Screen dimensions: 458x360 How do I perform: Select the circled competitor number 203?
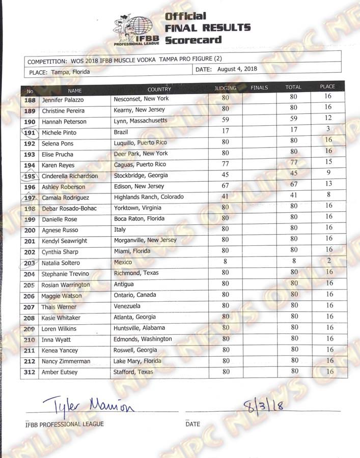click(30, 263)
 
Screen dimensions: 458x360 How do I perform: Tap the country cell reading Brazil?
click(122, 132)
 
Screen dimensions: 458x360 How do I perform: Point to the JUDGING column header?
click(225, 88)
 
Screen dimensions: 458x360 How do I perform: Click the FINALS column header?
click(259, 88)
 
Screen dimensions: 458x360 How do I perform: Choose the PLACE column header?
click(327, 87)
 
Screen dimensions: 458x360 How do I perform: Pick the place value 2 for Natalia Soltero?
click(329, 261)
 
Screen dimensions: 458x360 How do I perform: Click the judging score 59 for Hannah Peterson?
click(225, 121)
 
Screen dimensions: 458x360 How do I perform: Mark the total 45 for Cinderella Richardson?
click(294, 176)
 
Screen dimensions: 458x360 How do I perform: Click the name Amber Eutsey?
click(60, 373)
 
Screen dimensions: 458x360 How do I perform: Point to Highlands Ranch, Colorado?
click(148, 197)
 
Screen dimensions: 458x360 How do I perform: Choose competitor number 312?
click(30, 373)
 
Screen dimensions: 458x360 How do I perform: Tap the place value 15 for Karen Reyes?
click(328, 162)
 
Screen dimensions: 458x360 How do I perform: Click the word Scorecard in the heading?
click(193, 40)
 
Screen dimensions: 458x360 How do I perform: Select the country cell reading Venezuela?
click(128, 306)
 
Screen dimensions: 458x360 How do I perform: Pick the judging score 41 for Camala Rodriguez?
click(225, 196)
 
